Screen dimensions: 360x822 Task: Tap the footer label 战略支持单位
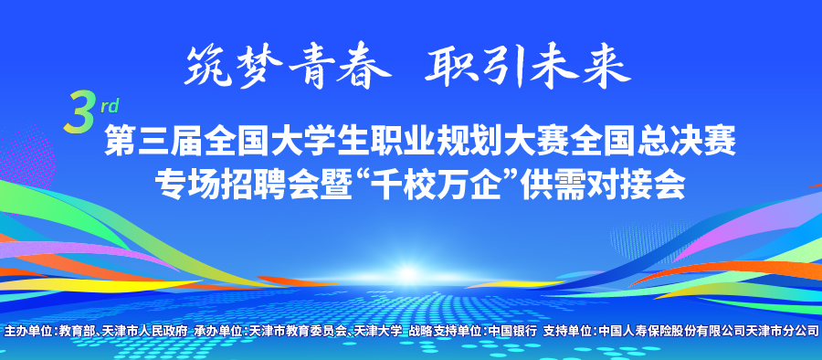pos(446,331)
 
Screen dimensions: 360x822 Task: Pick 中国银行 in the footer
pos(512,331)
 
